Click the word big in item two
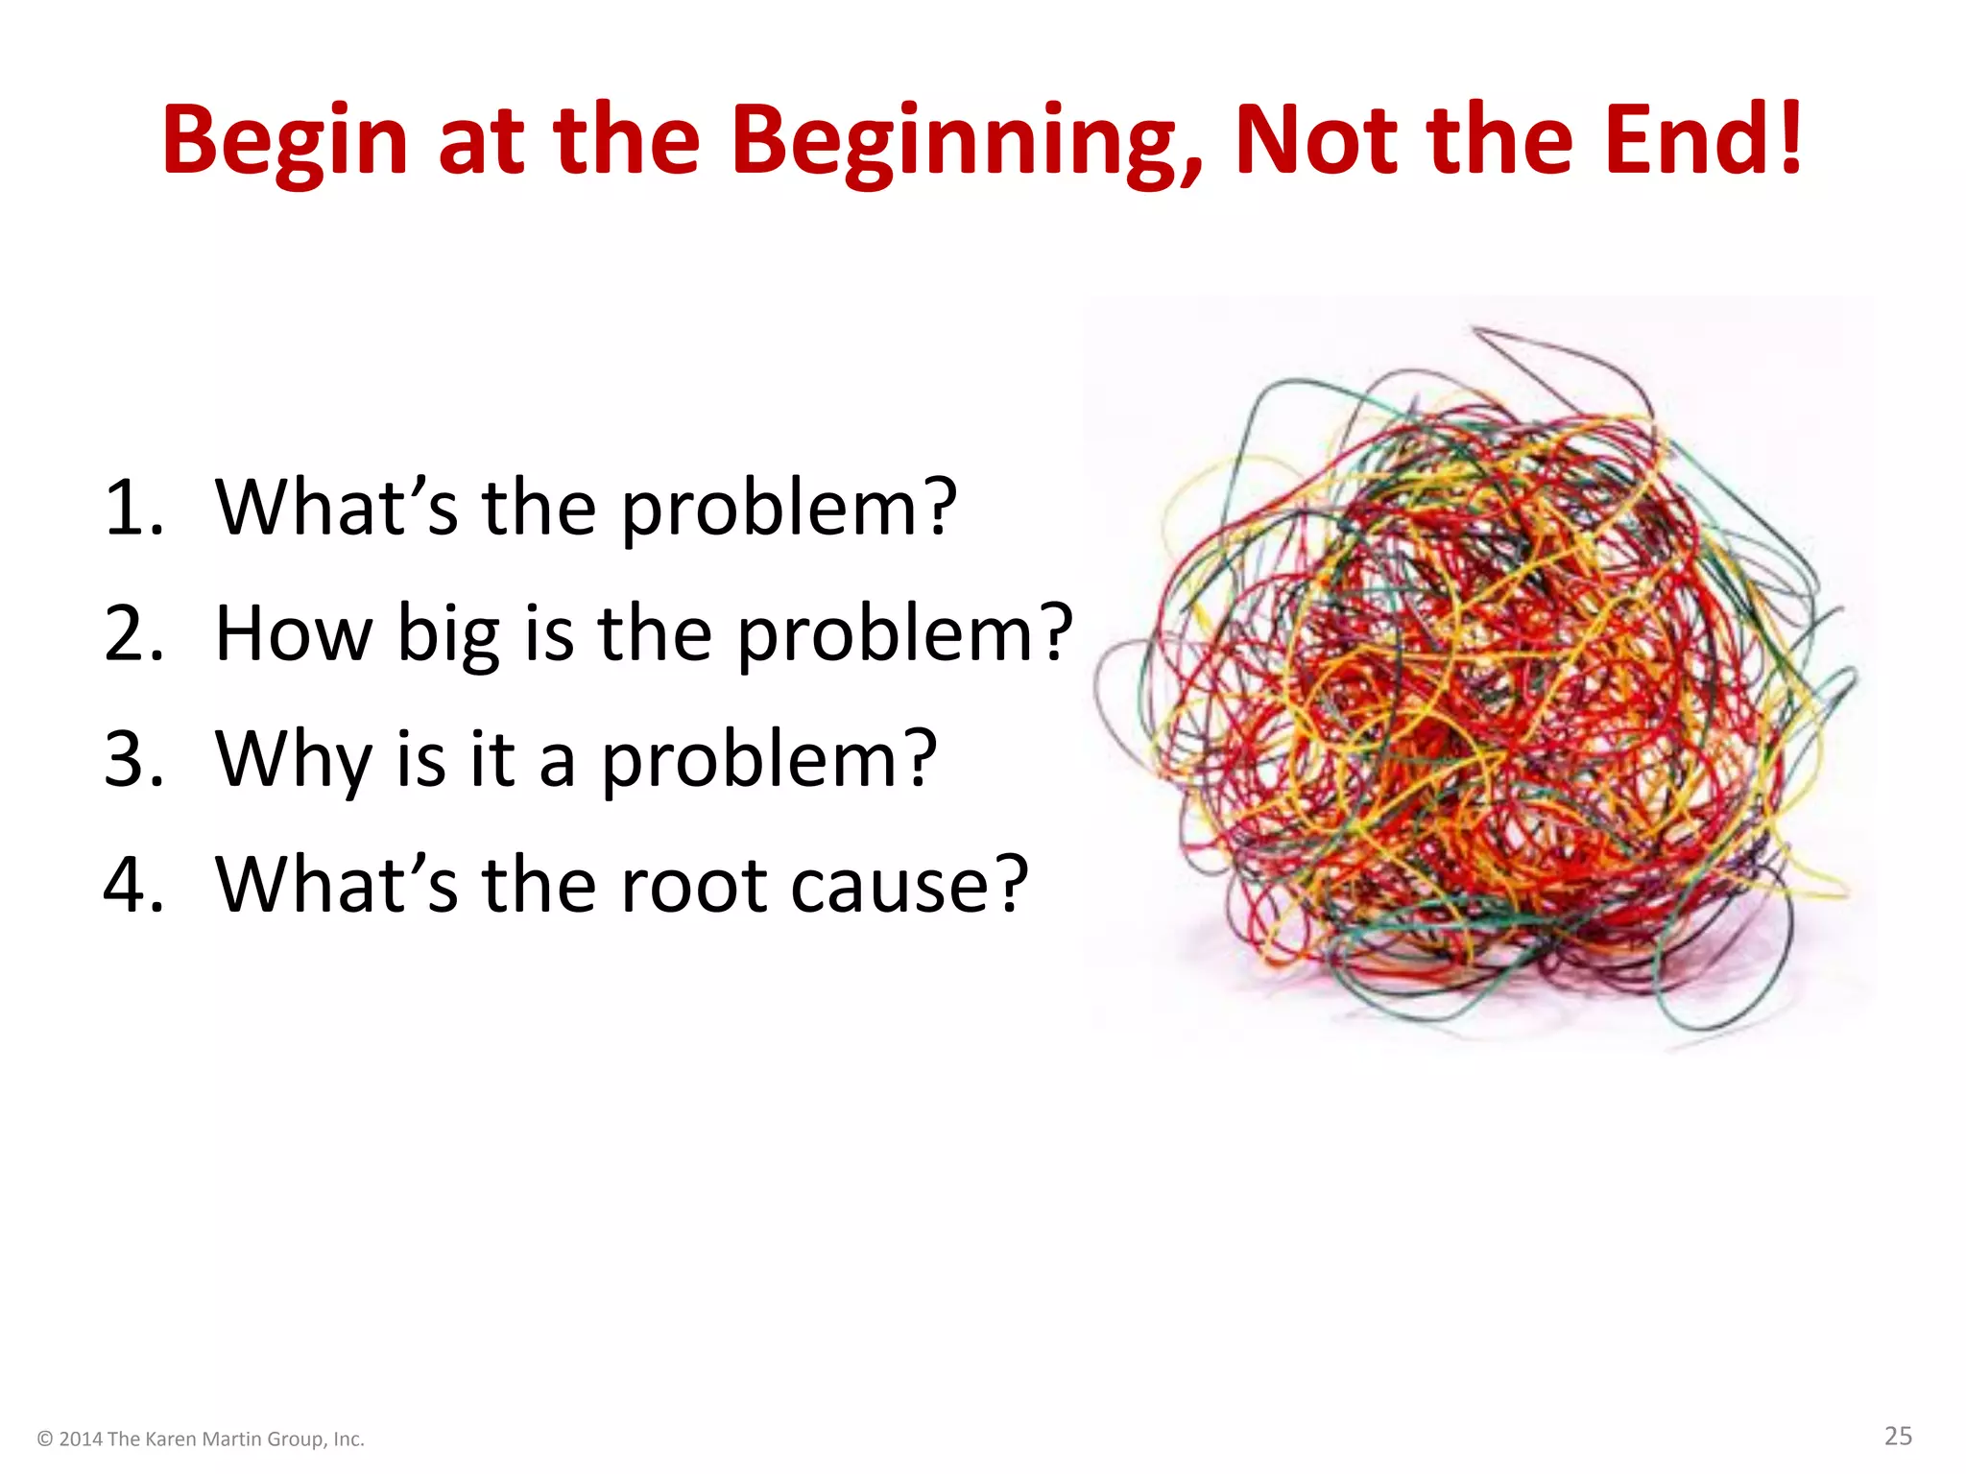(448, 635)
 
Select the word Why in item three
(293, 759)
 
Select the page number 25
(1897, 1436)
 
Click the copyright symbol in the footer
(45, 1438)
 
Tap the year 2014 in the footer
(81, 1438)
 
